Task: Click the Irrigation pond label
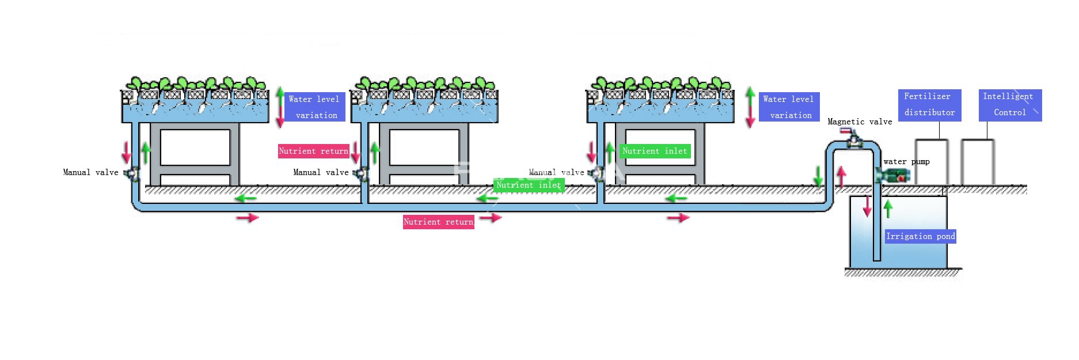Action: pyautogui.click(x=920, y=236)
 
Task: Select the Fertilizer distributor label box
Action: pyautogui.click(x=929, y=105)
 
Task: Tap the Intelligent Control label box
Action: pyautogui.click(x=1010, y=105)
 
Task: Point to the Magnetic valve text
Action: pyautogui.click(x=860, y=122)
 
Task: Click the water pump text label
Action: pyautogui.click(x=906, y=162)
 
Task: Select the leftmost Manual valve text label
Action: pyautogui.click(x=90, y=172)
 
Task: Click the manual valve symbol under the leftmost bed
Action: pyautogui.click(x=132, y=173)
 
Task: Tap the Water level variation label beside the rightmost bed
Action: pyautogui.click(x=789, y=107)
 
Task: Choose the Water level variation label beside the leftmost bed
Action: pyautogui.click(x=314, y=107)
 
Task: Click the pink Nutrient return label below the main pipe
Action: pyautogui.click(x=438, y=222)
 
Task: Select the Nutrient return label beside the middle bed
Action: pyautogui.click(x=313, y=151)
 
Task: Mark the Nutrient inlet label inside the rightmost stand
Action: pyautogui.click(x=655, y=151)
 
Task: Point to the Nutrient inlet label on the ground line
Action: pyautogui.click(x=529, y=185)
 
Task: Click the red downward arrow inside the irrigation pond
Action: pyautogui.click(x=867, y=206)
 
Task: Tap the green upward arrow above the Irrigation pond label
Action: pyautogui.click(x=888, y=209)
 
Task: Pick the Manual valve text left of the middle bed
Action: pyautogui.click(x=321, y=172)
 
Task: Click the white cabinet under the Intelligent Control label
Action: pyautogui.click(x=978, y=162)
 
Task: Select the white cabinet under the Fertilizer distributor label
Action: pyautogui.click(x=932, y=162)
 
